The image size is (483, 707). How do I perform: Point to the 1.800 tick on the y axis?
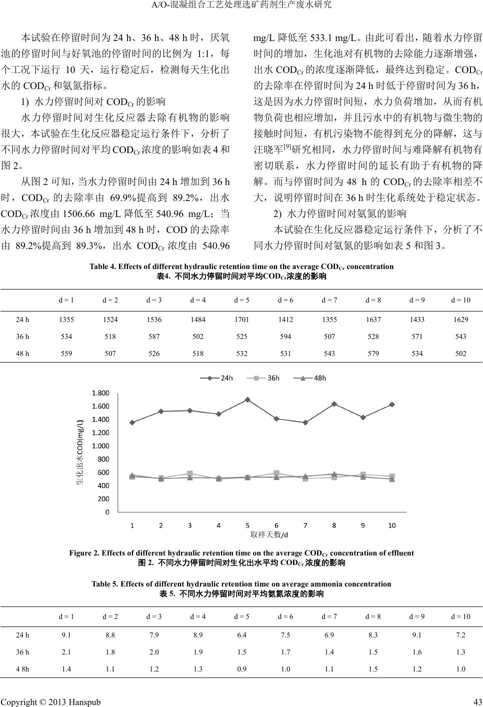click(x=100, y=393)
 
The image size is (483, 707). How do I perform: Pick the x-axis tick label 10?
click(x=392, y=525)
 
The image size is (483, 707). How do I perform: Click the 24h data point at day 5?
click(x=247, y=399)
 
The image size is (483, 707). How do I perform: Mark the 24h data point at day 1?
click(x=132, y=422)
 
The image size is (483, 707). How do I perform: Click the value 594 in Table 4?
click(x=285, y=336)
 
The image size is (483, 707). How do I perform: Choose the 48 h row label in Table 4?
click(x=22, y=353)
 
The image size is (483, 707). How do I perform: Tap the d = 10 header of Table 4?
click(x=460, y=300)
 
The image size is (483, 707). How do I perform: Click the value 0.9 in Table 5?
click(x=241, y=669)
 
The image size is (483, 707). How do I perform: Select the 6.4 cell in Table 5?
click(x=241, y=635)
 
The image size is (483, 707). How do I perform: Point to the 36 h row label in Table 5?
click(x=22, y=652)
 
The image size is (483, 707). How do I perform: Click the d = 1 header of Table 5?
click(x=66, y=616)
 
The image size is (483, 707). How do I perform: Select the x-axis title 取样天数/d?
click(x=269, y=534)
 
